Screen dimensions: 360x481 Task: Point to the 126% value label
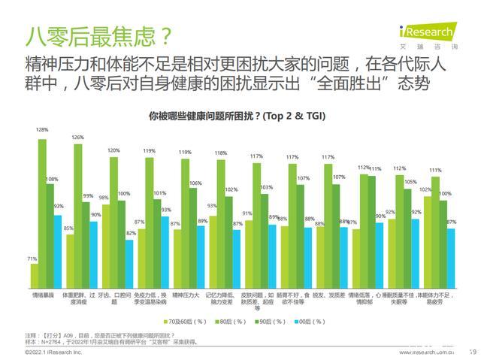(x=77, y=137)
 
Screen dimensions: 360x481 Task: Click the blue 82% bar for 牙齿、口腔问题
(x=130, y=262)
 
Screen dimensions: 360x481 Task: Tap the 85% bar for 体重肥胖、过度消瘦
(x=69, y=259)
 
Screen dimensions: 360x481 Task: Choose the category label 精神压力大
(x=185, y=295)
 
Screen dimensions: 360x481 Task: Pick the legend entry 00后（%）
(x=304, y=321)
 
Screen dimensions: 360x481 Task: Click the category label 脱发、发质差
(x=328, y=295)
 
